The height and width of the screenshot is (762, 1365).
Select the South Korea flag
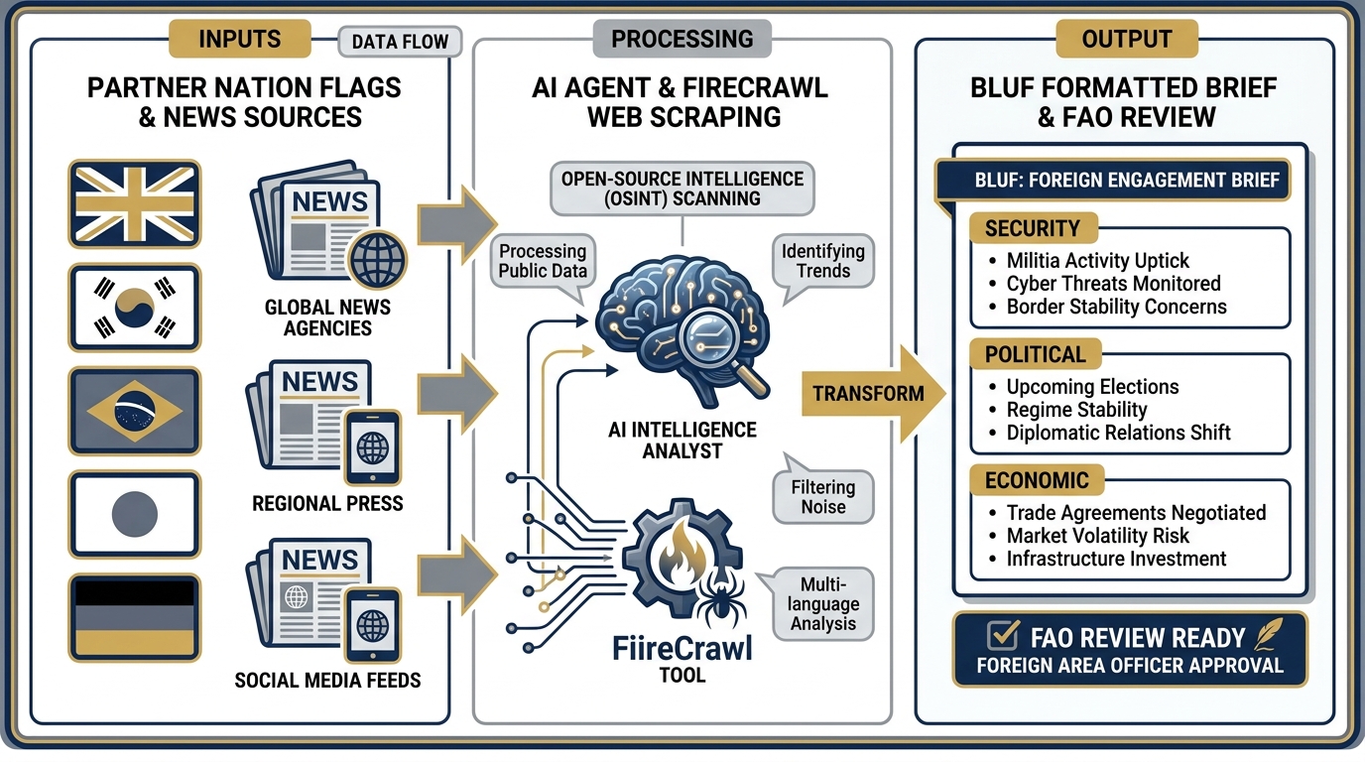point(134,307)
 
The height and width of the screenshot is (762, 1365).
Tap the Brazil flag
point(134,409)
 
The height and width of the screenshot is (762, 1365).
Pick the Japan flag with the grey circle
point(134,513)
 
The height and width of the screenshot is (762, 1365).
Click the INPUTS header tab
point(239,39)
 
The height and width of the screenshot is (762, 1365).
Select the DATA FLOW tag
point(401,42)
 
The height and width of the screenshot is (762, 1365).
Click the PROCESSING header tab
point(682,39)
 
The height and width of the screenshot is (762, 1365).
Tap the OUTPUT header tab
point(1126,39)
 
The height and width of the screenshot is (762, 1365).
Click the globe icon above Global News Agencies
point(377,260)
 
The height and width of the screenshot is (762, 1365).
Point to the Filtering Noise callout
point(822,497)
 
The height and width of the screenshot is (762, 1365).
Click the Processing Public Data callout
point(543,261)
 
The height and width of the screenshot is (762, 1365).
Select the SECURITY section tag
point(1032,229)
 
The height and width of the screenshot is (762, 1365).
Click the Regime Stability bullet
point(1076,410)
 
